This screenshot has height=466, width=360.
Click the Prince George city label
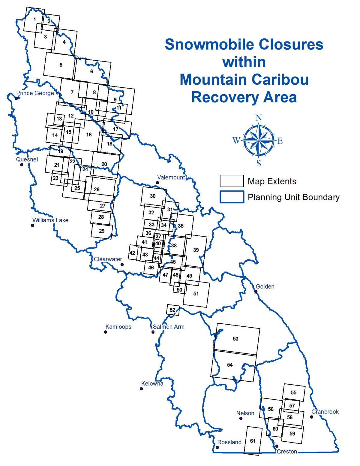(x=35, y=93)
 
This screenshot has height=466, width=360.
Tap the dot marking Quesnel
(x=22, y=165)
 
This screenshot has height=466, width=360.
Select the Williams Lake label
(x=50, y=220)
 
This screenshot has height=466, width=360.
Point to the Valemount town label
(x=171, y=177)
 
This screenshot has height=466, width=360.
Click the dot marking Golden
(x=256, y=292)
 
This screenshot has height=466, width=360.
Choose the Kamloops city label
(x=118, y=327)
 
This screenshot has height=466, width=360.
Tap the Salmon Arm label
(x=169, y=327)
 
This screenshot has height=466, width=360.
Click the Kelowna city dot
(x=141, y=389)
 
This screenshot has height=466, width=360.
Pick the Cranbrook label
(x=325, y=412)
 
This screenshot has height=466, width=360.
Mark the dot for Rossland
(x=217, y=447)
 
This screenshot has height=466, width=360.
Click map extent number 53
(x=235, y=339)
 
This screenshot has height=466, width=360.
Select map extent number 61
(x=253, y=441)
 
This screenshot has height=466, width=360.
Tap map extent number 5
(x=61, y=65)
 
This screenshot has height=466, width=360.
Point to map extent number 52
(x=172, y=310)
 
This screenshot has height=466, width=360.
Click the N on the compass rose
(x=259, y=118)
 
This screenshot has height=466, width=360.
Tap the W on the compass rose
(x=236, y=140)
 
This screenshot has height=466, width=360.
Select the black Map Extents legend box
(x=232, y=181)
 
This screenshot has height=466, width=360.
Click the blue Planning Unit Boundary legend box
(x=232, y=197)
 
